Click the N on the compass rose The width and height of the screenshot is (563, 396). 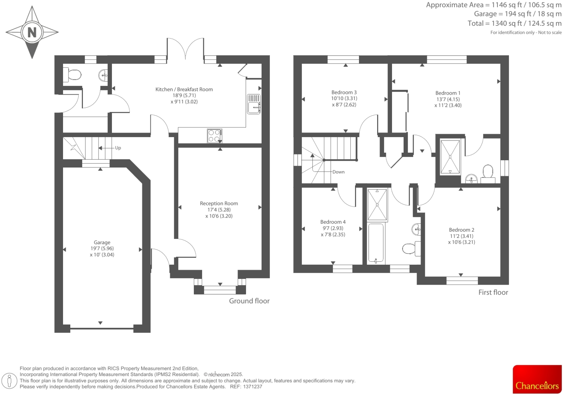[x=32, y=32]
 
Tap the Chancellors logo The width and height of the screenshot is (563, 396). [x=537, y=379]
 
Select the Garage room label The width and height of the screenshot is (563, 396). [x=102, y=242]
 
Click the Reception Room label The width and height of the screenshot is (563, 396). [x=219, y=203]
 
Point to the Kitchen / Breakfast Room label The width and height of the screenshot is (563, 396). [x=184, y=89]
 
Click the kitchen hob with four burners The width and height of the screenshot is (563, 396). [x=214, y=136]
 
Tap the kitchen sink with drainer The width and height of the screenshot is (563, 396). [x=254, y=104]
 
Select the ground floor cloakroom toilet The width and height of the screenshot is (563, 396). [x=72, y=75]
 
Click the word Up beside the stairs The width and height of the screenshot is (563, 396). [x=118, y=148]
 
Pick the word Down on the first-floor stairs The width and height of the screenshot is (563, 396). [x=338, y=172]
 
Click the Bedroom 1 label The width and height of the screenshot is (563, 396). [x=448, y=93]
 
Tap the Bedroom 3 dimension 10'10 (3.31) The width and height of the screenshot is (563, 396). [x=344, y=98]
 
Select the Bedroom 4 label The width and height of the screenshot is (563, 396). [x=333, y=222]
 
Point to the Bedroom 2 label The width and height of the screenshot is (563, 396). [x=461, y=230]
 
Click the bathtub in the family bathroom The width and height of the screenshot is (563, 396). [x=376, y=243]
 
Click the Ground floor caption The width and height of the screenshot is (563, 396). [x=249, y=301]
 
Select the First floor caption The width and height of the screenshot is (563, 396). [x=493, y=292]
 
